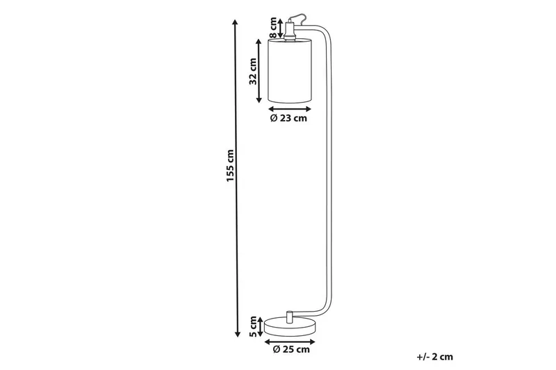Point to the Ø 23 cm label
tap(288, 119)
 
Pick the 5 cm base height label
tap(254, 325)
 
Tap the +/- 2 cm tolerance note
tap(434, 357)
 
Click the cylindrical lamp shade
tap(290, 71)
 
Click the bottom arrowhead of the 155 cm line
tap(237, 333)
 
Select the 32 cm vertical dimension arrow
tap(265, 71)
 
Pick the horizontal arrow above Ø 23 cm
tap(288, 109)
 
